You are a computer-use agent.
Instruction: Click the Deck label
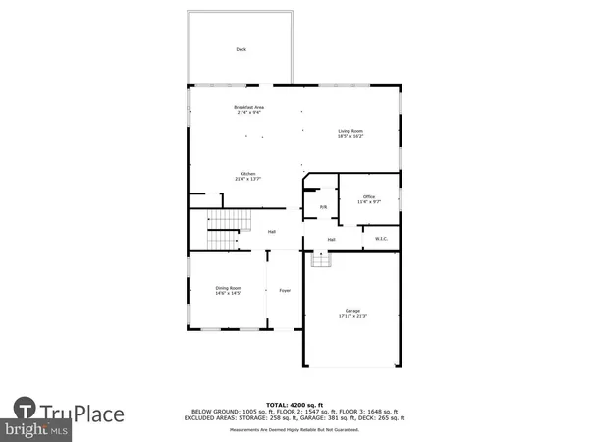coord(241,49)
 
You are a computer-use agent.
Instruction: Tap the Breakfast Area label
coord(248,107)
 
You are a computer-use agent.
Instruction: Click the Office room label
coord(369,196)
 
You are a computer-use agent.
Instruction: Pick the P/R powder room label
coord(323,207)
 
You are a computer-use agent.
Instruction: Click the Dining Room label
coord(228,287)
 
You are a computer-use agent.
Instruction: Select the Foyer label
coord(285,290)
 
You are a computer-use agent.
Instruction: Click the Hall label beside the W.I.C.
coord(332,239)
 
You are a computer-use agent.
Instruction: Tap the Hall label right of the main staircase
coord(272,232)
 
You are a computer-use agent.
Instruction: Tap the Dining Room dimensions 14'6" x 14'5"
coord(228,293)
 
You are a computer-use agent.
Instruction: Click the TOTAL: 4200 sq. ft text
coord(294,404)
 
